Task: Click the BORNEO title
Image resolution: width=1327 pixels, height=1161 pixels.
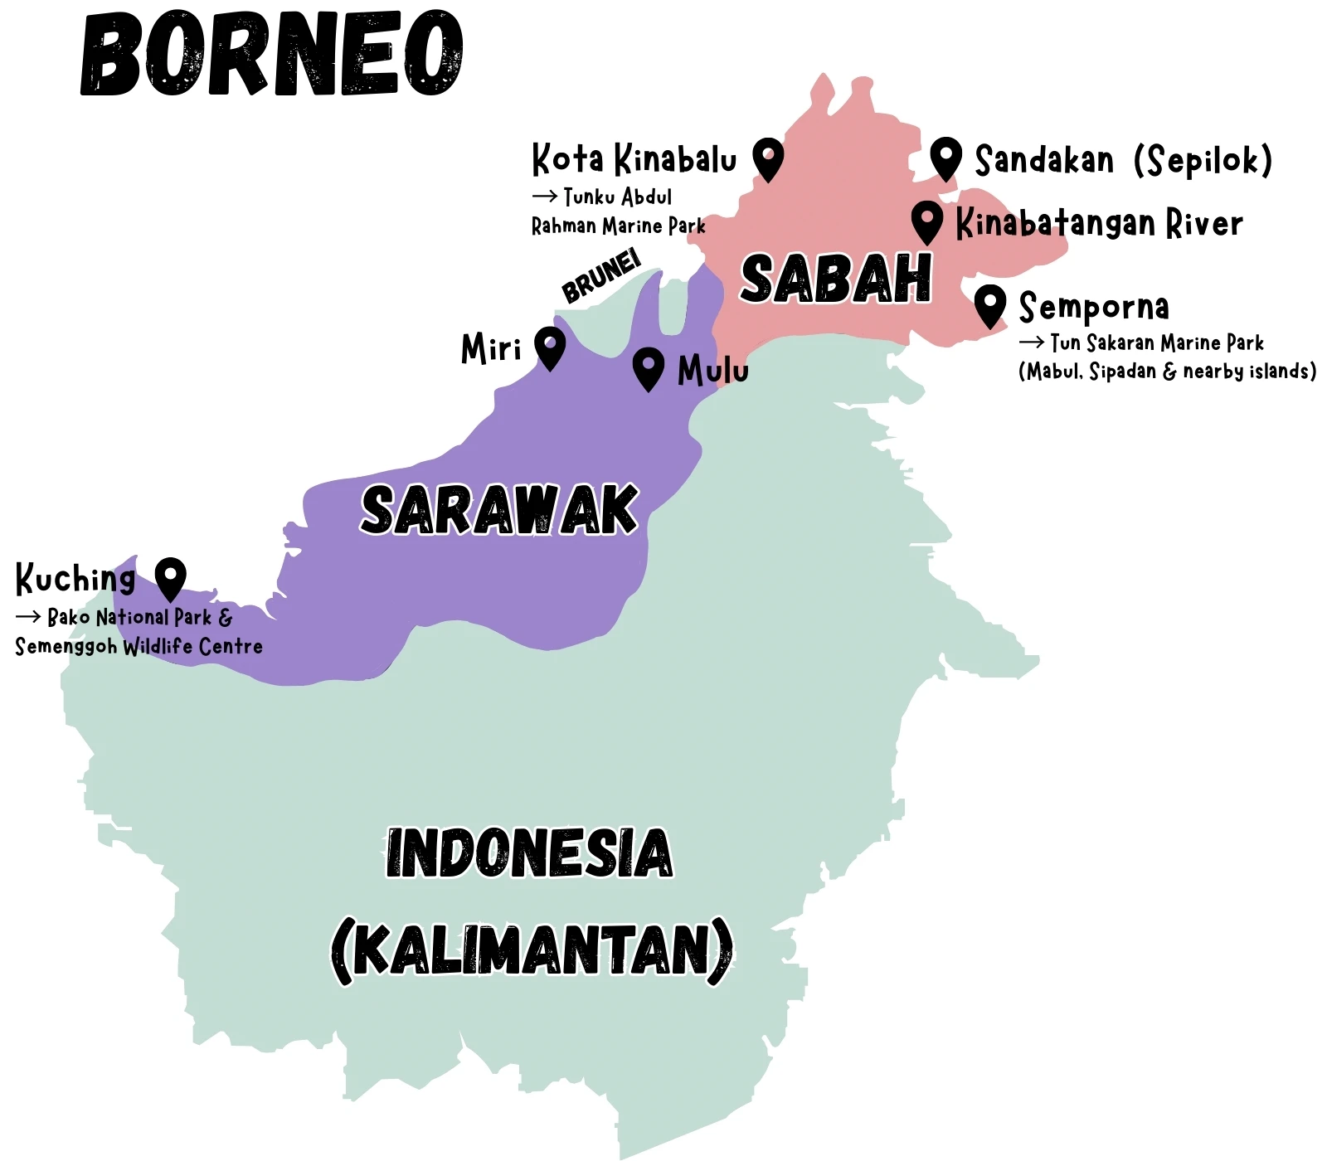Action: pos(272,55)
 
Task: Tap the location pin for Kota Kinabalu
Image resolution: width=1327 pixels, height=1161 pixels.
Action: pos(768,158)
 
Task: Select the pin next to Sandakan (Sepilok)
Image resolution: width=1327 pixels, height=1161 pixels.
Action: pos(945,158)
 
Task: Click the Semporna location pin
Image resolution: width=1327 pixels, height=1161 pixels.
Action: pos(989,305)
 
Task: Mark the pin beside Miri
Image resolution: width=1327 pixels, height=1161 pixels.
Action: pos(549,347)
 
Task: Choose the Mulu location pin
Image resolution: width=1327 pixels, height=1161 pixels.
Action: pos(648,367)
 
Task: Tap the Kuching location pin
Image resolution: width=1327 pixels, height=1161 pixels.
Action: pos(170,578)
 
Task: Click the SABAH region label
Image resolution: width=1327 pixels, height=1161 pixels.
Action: pos(836,279)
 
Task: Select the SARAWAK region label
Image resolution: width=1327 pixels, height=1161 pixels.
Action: pos(499,510)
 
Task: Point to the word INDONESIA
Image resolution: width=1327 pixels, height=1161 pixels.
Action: pos(529,853)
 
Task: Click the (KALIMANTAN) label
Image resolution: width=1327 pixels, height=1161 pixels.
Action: pos(532,950)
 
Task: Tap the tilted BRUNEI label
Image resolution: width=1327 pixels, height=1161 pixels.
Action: pos(601,277)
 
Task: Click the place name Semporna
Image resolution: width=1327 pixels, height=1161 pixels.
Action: pos(1094,308)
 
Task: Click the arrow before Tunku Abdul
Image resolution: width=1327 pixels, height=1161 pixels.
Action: pos(544,197)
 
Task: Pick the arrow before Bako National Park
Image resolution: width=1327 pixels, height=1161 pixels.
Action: pos(27,617)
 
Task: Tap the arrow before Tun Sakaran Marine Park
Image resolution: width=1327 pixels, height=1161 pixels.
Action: pos(1031,342)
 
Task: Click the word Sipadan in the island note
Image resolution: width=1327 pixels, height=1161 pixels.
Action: pos(1122,372)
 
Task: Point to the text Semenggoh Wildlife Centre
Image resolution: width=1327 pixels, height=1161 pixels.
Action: pos(139,647)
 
